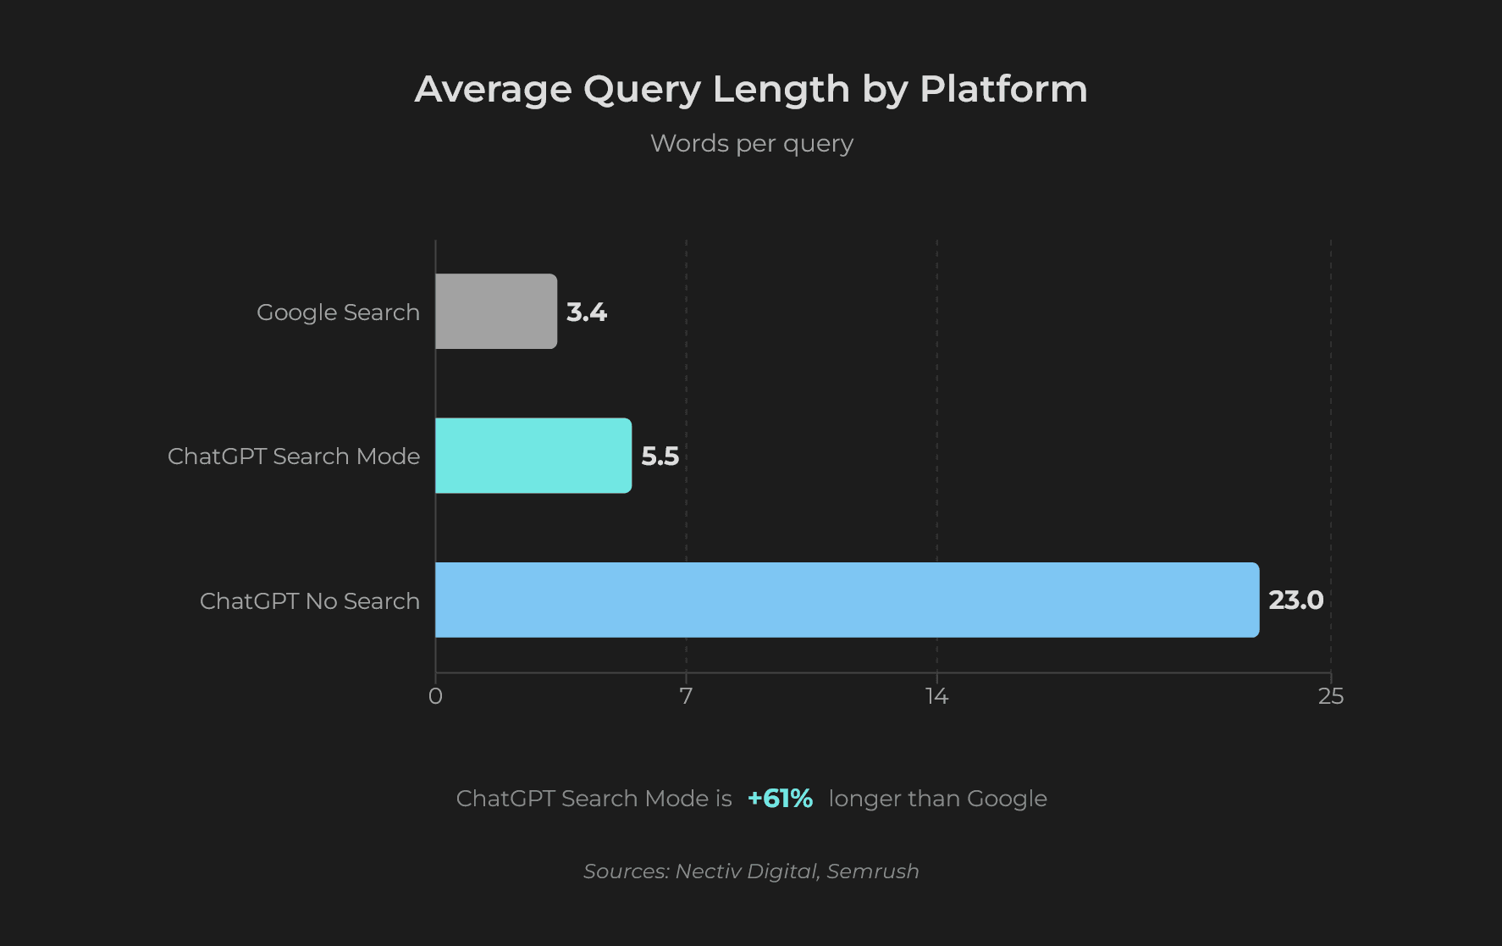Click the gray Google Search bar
point(496,312)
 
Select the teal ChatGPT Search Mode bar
point(533,456)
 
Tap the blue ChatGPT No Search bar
point(847,600)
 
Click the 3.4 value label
point(587,313)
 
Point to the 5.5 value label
point(660,456)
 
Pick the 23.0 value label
point(1295,600)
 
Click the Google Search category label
point(338,313)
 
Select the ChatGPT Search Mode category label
point(294,456)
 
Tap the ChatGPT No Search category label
point(310,601)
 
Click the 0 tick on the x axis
point(435,696)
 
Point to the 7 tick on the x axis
point(686,696)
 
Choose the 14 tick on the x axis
point(936,696)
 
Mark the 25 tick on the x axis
point(1330,696)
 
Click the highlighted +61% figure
point(780,799)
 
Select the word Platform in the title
point(1003,89)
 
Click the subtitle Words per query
point(751,143)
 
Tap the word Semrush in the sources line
point(873,871)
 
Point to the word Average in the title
point(494,89)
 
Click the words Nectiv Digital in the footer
point(746,871)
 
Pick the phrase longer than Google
point(937,799)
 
